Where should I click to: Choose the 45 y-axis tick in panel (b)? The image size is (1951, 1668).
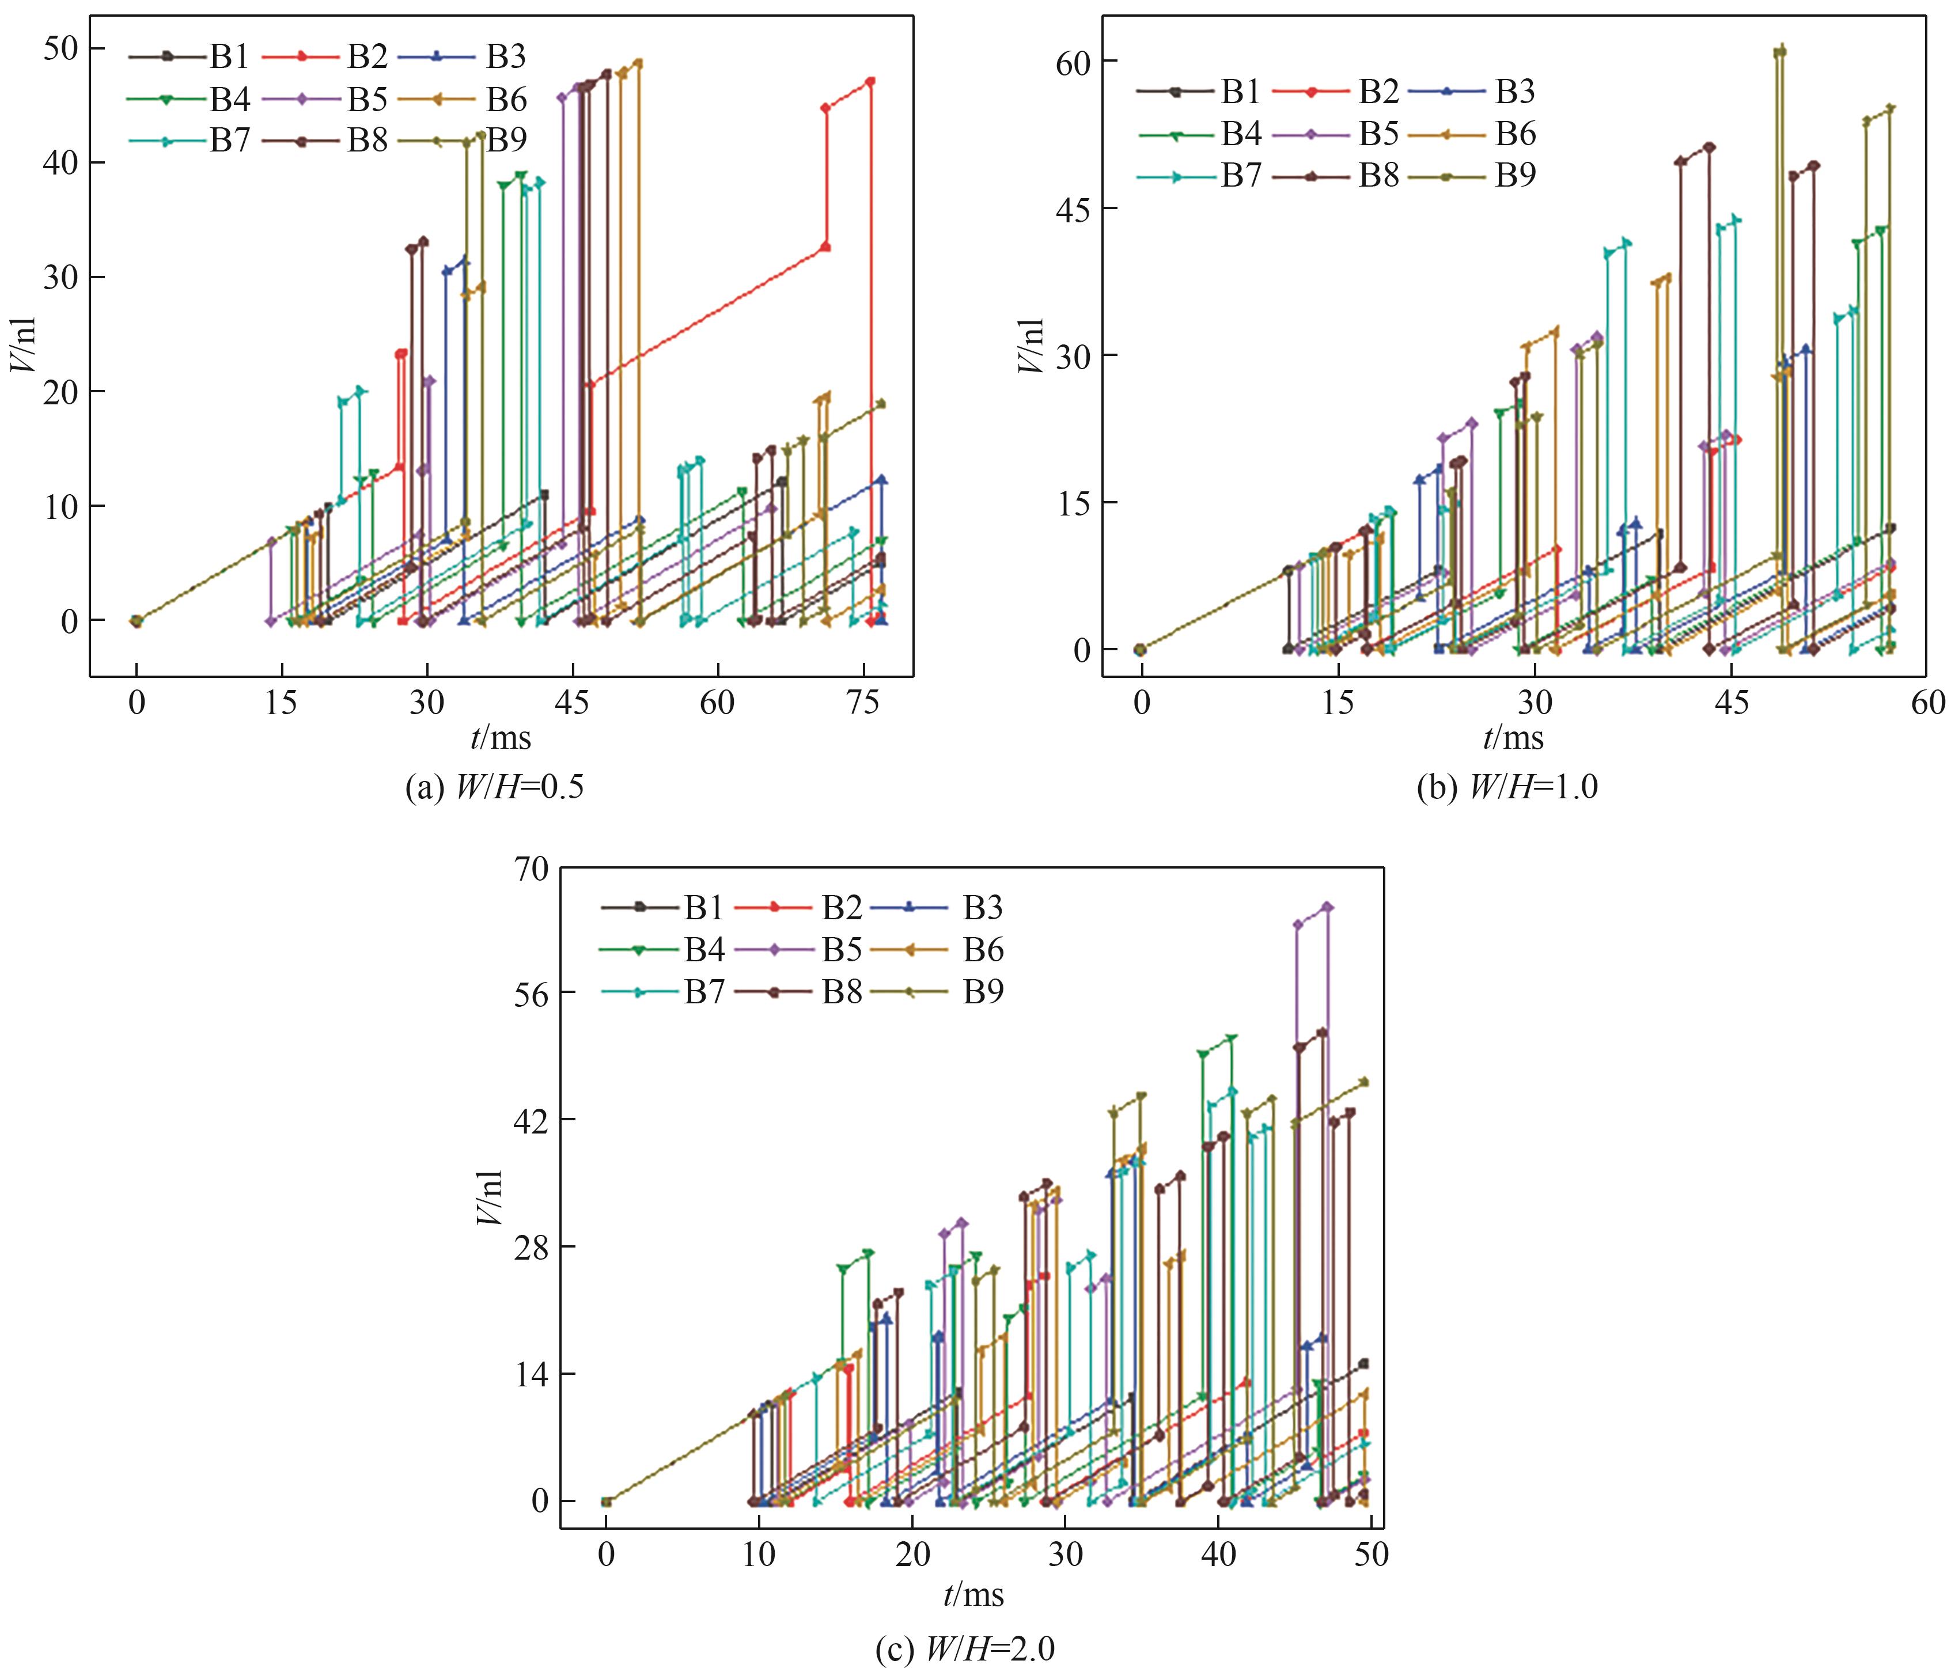point(1074,208)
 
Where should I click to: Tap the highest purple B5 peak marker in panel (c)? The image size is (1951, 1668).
point(1328,907)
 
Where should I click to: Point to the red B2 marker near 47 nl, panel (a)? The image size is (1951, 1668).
point(870,82)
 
